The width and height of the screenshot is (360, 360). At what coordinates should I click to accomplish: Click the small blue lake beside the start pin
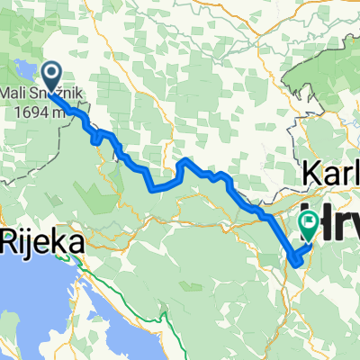pyautogui.click(x=25, y=68)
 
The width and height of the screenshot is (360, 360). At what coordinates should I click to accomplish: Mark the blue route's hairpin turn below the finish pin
pyautogui.click(x=294, y=261)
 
